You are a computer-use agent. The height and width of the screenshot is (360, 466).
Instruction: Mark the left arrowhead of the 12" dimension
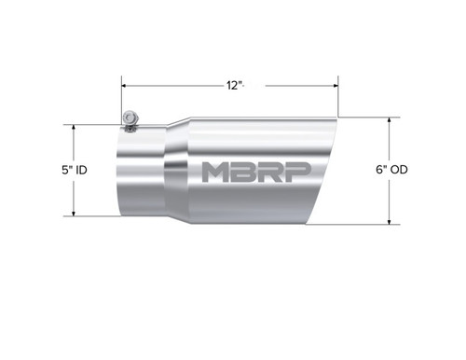click(125, 85)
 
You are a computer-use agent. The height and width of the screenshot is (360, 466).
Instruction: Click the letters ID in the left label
click(82, 171)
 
